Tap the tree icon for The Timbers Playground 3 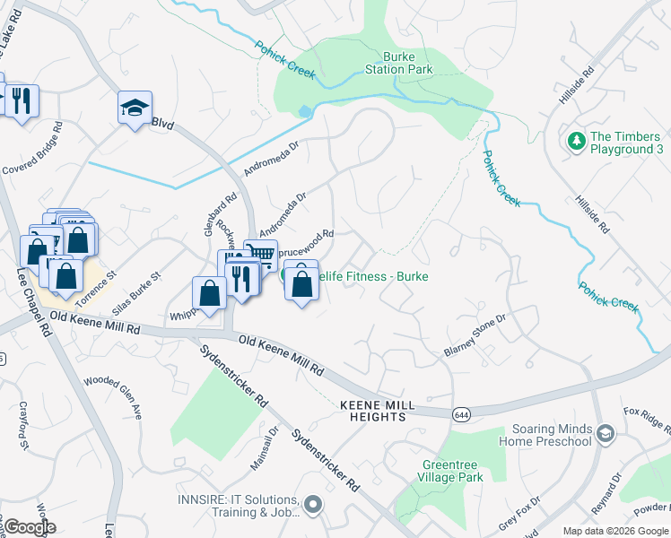(574, 142)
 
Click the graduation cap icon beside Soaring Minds (606, 435)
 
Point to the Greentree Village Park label (453, 471)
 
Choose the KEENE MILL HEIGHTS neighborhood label (378, 412)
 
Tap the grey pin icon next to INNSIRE (313, 506)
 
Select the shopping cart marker (260, 255)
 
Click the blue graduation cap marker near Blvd (135, 108)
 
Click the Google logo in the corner (29, 527)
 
